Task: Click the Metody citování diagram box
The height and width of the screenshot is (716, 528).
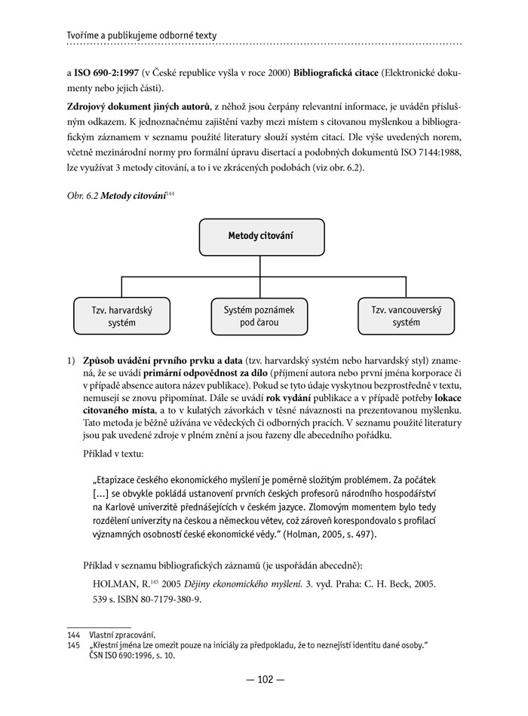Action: tap(261, 237)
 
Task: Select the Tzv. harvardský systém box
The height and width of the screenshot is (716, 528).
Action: tap(121, 317)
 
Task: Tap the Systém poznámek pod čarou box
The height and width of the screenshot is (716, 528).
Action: tap(259, 317)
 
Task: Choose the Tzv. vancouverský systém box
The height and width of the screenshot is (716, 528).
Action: tap(406, 317)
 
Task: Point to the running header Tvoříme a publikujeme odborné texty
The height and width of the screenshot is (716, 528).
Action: tap(142, 35)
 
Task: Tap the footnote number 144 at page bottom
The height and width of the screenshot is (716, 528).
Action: tap(73, 635)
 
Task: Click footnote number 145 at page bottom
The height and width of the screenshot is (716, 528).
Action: tap(73, 645)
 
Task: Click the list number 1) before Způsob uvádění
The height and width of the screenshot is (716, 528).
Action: tap(72, 361)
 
